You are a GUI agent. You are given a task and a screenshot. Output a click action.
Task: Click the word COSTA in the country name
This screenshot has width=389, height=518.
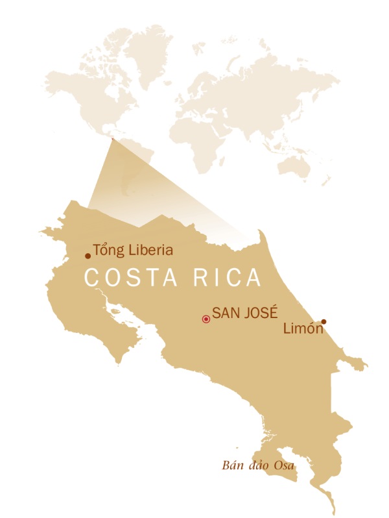coord(126,278)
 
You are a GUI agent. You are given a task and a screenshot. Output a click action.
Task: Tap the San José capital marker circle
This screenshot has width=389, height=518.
coord(206,319)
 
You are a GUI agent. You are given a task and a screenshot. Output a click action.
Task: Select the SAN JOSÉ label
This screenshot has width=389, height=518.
coord(244,312)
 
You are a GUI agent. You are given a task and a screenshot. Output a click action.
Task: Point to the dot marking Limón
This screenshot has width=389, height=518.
coord(324,321)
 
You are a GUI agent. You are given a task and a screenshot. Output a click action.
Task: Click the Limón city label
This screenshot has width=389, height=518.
coord(303,329)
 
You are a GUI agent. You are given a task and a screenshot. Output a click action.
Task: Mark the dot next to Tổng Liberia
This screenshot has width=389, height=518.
coord(88,256)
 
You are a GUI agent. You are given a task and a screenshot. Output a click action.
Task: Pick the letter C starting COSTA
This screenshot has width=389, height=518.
coord(92,278)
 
